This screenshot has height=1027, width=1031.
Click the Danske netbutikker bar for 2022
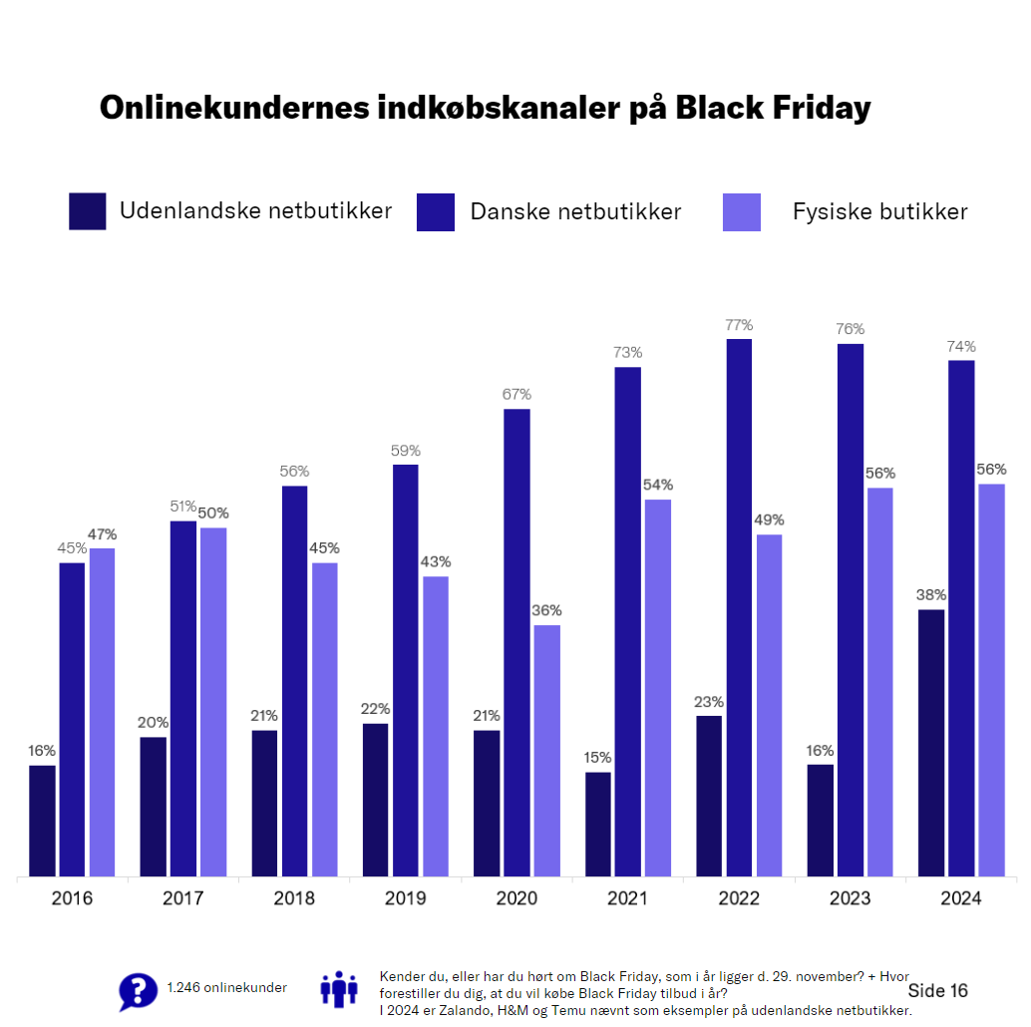pos(739,608)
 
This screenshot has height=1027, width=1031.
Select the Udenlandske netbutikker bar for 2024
pos(930,743)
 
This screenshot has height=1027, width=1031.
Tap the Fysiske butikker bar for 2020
pos(546,751)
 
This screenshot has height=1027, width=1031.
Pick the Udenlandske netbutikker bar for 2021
pos(598,825)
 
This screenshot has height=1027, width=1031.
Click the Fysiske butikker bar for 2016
pos(102,712)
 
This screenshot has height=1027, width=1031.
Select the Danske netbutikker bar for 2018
pos(294,681)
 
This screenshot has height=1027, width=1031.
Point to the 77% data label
pos(739,325)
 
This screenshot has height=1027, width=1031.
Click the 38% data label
pos(930,595)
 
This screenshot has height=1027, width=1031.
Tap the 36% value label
pos(546,610)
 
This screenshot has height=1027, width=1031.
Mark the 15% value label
pos(598,757)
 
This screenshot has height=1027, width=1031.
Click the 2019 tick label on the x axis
pos(405,898)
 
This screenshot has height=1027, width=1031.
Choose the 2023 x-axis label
pos(850,898)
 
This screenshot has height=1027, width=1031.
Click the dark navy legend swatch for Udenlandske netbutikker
pos(87,211)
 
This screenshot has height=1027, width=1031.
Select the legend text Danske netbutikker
pos(575,211)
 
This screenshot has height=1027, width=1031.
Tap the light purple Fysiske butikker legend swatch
pos(741,211)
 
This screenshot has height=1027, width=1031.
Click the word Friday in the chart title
pos(821,108)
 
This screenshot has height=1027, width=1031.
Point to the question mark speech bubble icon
pos(138,991)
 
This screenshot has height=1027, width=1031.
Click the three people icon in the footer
pos(338,988)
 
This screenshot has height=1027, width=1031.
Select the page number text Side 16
pos(937,990)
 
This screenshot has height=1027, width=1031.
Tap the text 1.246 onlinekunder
pos(226,988)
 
